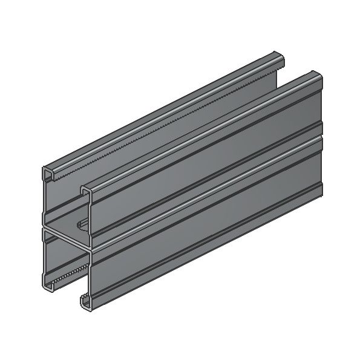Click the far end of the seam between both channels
tap(319, 136)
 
